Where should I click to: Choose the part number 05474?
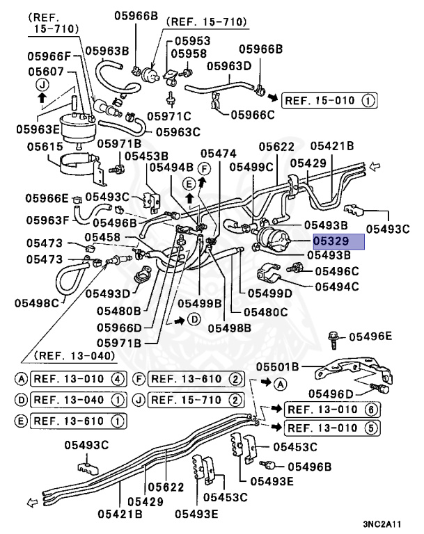[x=218, y=153]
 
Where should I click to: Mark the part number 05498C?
[x=37, y=303]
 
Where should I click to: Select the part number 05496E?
[x=370, y=337]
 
